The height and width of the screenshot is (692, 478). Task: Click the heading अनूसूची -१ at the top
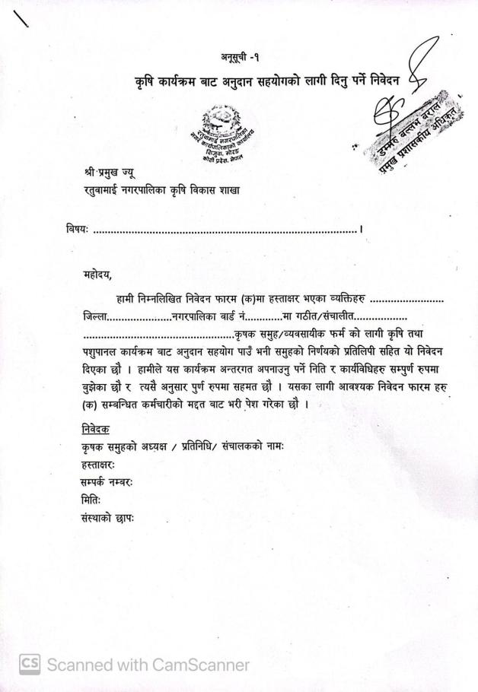click(x=242, y=57)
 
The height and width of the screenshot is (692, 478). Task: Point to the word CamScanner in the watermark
click(x=199, y=665)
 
